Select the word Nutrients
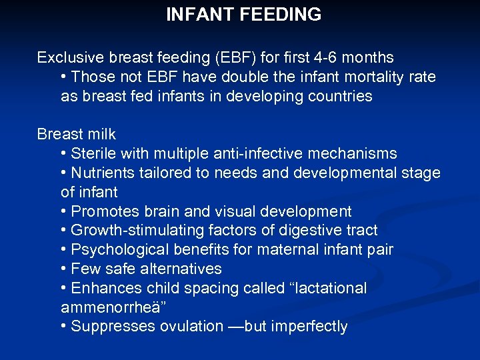click(x=103, y=173)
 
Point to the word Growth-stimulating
click(x=137, y=231)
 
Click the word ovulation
click(x=191, y=327)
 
